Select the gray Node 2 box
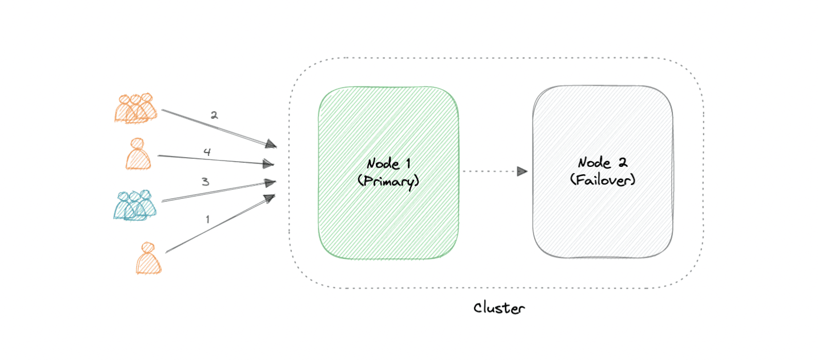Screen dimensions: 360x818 point(603,223)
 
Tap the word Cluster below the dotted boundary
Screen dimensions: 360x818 point(499,309)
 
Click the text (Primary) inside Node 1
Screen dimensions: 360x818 point(388,181)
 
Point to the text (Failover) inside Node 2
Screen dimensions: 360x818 point(603,180)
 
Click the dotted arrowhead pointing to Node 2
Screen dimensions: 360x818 point(522,171)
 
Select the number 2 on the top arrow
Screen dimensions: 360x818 point(214,115)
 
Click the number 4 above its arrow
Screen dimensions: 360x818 point(207,152)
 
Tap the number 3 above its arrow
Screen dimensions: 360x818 point(205,182)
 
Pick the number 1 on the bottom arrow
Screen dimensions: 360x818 point(207,219)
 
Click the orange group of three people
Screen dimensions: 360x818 point(135,108)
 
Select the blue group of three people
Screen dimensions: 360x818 point(135,205)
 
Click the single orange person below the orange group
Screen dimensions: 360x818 point(139,154)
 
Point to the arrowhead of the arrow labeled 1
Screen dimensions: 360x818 point(269,198)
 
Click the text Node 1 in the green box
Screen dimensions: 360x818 point(388,164)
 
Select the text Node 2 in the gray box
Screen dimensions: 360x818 point(603,163)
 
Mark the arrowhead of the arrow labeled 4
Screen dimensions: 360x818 point(268,164)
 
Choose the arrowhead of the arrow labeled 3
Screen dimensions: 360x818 point(270,182)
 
